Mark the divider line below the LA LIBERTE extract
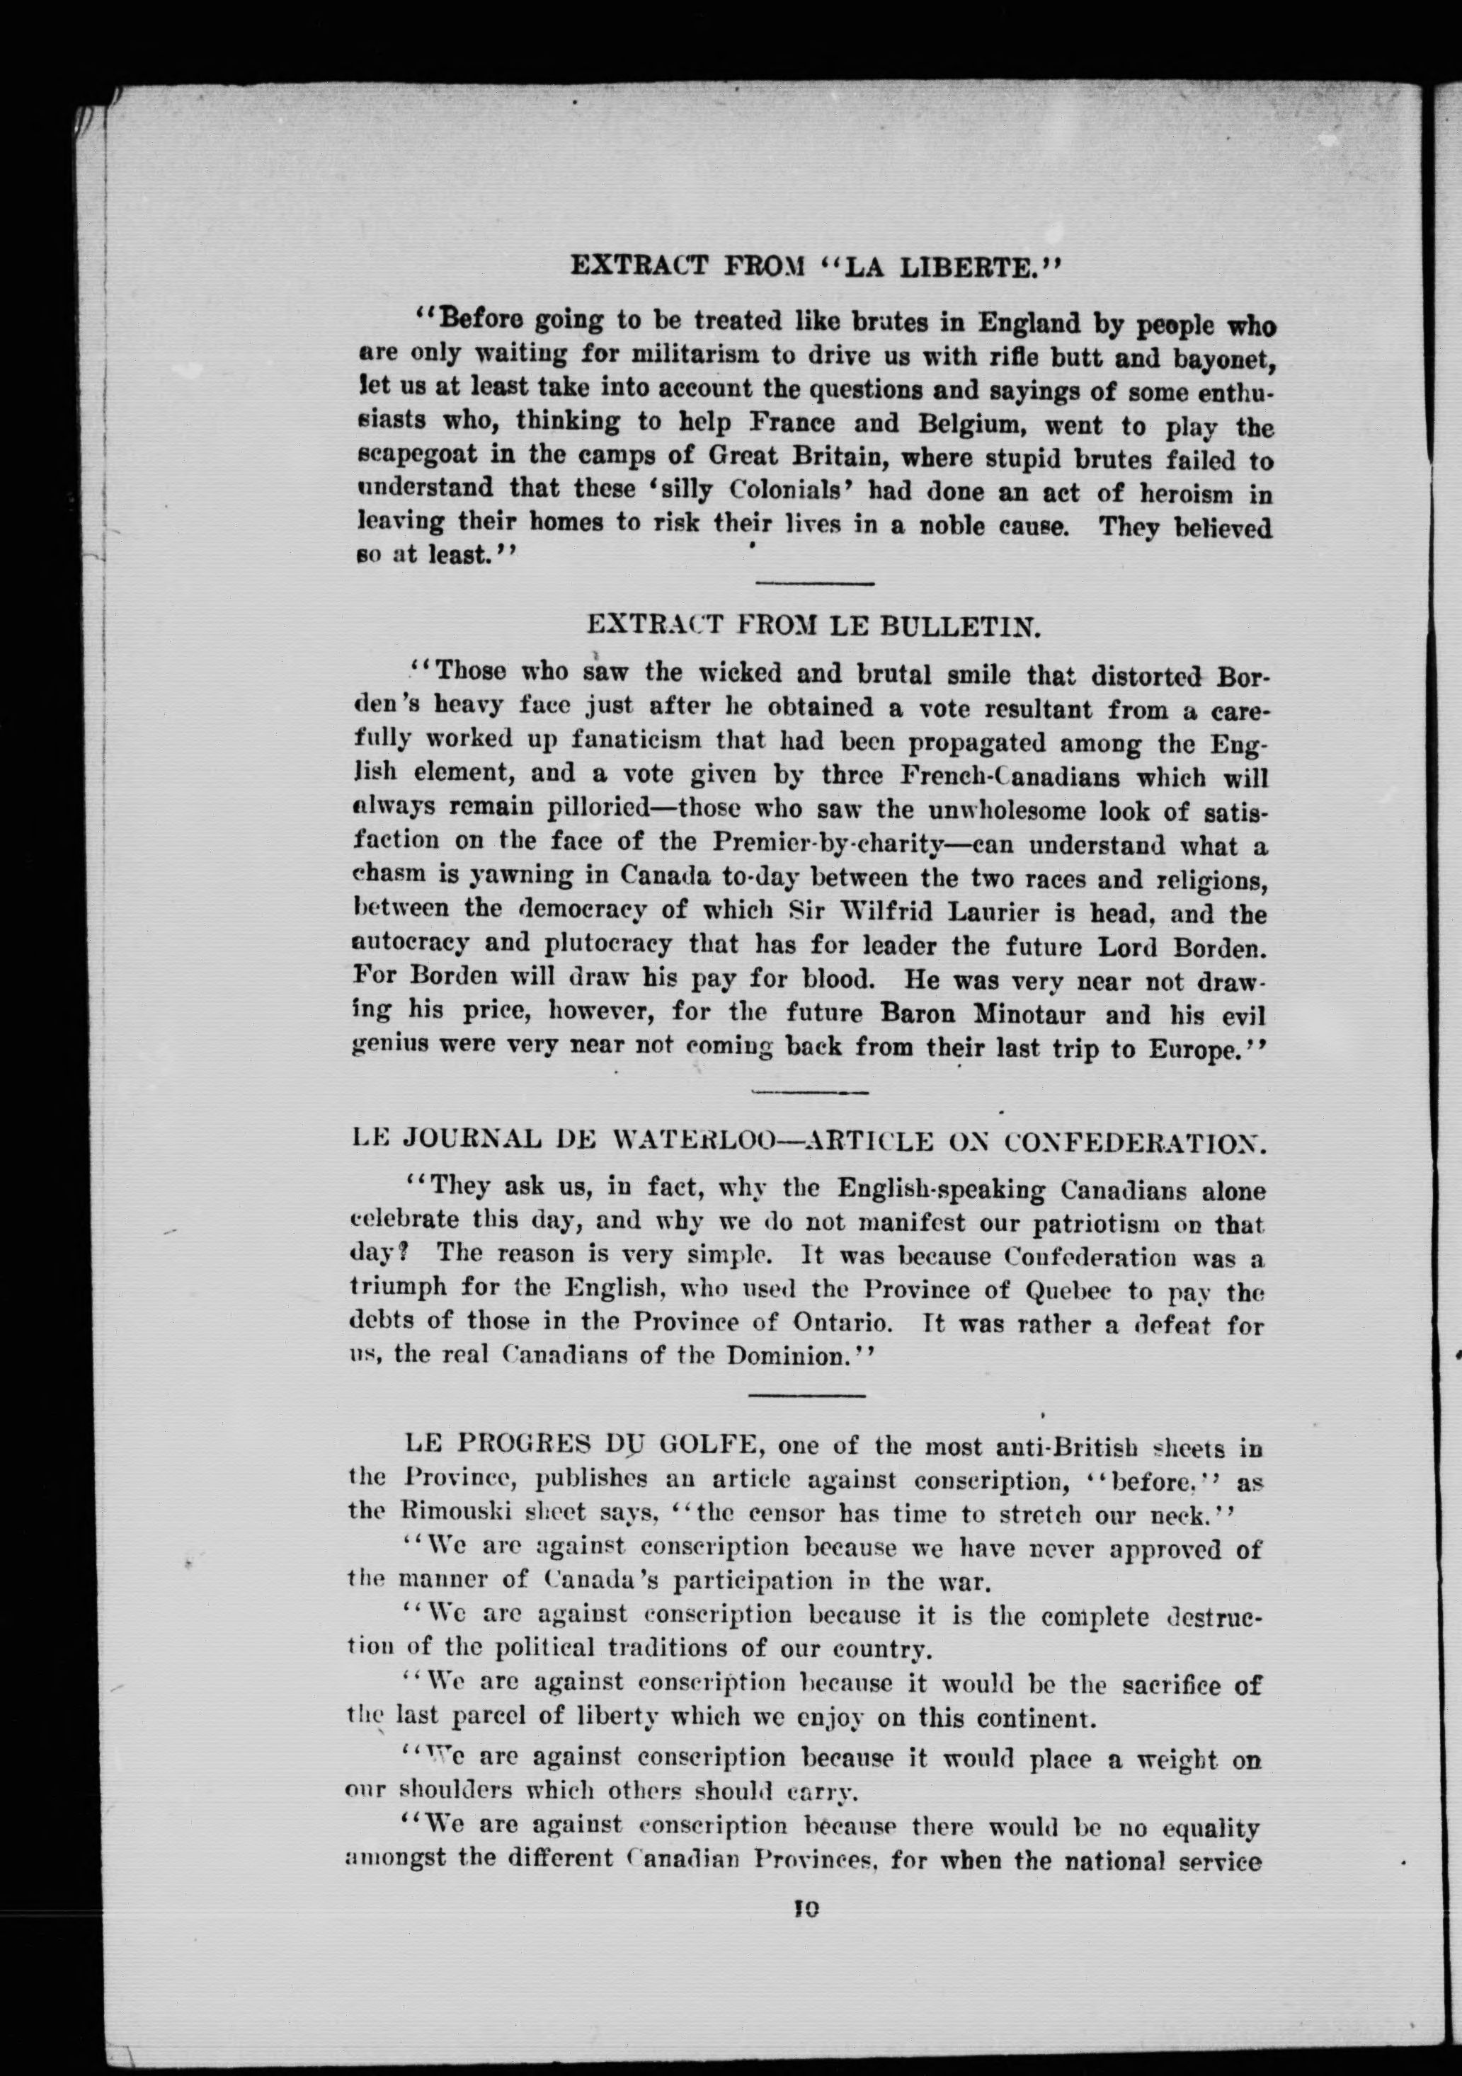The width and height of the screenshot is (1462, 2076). (x=813, y=583)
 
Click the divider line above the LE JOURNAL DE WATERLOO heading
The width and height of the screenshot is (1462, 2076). (x=810, y=1091)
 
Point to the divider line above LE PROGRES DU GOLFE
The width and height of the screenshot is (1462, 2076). (x=807, y=1395)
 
